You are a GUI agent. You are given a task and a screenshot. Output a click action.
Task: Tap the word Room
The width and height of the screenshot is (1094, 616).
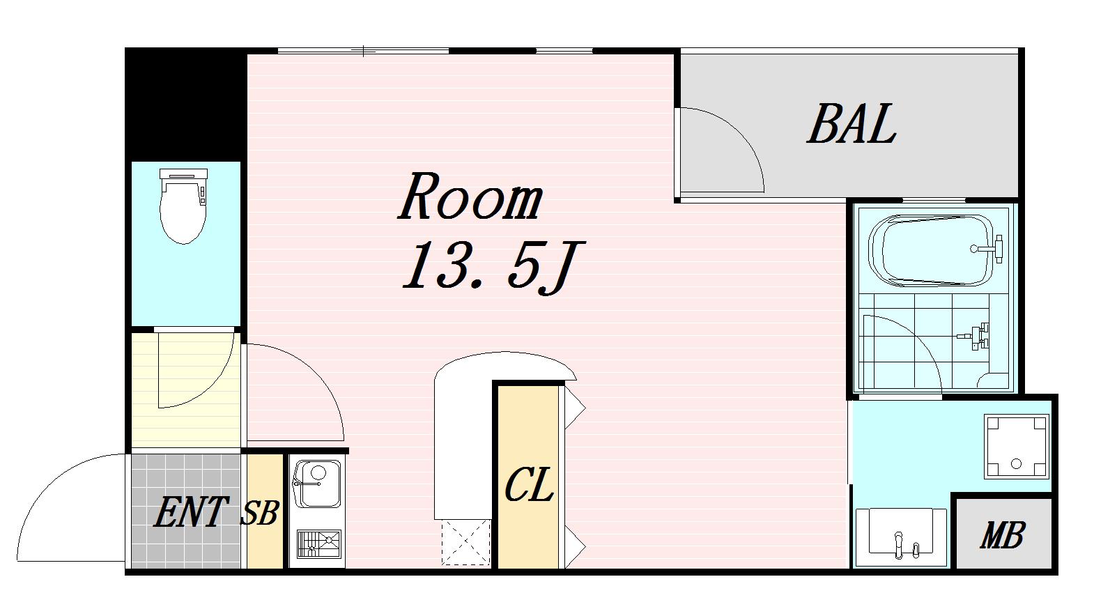(470, 197)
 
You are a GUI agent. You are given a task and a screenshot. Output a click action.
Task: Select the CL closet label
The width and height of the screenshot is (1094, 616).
(529, 484)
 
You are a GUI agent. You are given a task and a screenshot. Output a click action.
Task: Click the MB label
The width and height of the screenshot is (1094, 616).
(1002, 535)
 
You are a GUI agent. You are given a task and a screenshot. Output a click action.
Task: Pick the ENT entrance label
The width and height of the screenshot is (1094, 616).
(191, 511)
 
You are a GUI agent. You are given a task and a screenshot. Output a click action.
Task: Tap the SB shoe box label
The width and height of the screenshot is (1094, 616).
(260, 513)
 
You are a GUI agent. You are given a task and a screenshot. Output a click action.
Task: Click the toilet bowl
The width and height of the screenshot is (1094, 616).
(183, 213)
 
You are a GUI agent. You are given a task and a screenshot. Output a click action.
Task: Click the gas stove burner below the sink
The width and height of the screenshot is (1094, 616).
(319, 544)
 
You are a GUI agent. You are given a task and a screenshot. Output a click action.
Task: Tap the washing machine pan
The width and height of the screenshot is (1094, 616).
(1016, 446)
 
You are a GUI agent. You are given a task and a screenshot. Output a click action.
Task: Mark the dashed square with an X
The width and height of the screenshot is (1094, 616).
(465, 542)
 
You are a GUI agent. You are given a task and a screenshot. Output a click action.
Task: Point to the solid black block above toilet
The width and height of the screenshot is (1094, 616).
(185, 105)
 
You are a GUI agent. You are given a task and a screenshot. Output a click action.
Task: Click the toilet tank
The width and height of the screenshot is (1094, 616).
(183, 174)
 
